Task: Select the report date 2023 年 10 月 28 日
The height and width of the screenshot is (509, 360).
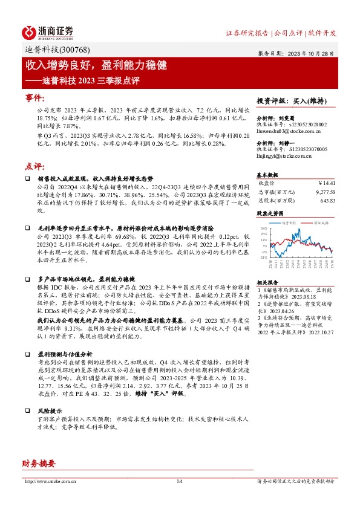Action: [311, 53]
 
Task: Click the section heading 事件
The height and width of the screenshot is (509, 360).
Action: [34, 98]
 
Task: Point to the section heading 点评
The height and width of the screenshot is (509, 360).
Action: [34, 166]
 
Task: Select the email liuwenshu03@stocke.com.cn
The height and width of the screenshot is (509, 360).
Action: [284, 129]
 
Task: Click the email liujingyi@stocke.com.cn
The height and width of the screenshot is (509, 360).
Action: [283, 155]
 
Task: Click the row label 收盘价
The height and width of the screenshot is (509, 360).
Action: [267, 183]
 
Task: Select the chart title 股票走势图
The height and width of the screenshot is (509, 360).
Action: [270, 214]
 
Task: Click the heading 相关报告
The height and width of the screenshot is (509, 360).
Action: [267, 282]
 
